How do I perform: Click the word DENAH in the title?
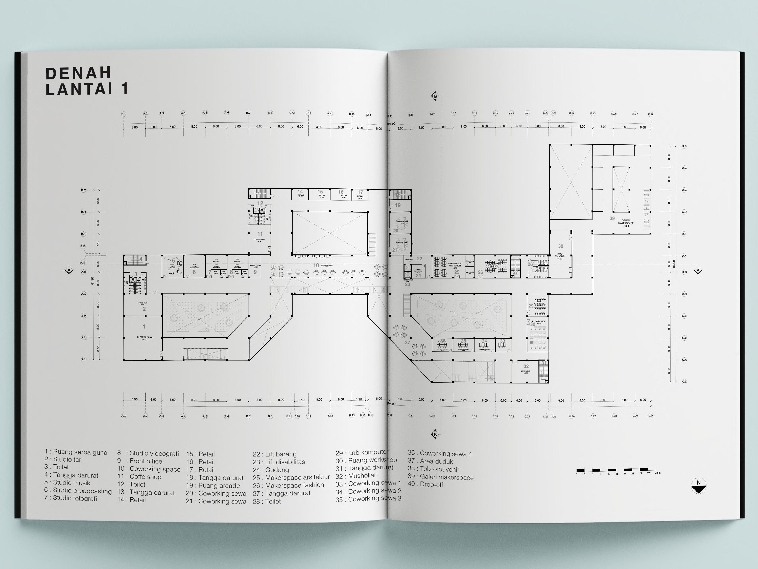click(x=79, y=73)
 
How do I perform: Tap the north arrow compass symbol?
click(x=699, y=486)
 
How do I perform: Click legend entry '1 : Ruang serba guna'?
click(x=76, y=452)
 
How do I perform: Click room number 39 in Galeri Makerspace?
click(x=612, y=218)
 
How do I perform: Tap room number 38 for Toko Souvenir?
click(x=561, y=246)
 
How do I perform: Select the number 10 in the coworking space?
click(x=316, y=265)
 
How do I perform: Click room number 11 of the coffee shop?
click(x=260, y=234)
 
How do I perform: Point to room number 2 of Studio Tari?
click(x=144, y=309)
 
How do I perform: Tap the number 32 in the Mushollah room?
click(x=526, y=366)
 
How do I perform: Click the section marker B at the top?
click(x=435, y=96)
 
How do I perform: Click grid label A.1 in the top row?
click(x=124, y=114)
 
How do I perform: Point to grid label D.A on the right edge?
click(x=684, y=146)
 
